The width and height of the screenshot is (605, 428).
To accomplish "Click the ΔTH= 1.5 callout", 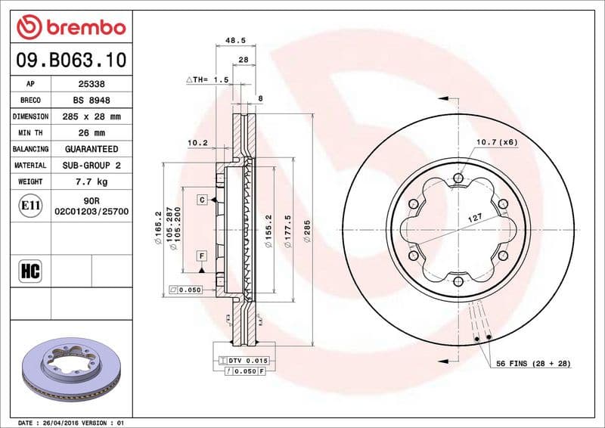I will point(206,79).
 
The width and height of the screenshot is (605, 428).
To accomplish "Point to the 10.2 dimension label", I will point(197,142).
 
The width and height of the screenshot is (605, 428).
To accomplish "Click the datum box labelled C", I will point(203,200).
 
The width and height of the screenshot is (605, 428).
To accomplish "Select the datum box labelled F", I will point(203,255).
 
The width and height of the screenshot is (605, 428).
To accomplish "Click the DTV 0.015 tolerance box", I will point(248,361).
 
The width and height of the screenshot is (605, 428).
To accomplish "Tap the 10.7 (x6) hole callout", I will point(496,141).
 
